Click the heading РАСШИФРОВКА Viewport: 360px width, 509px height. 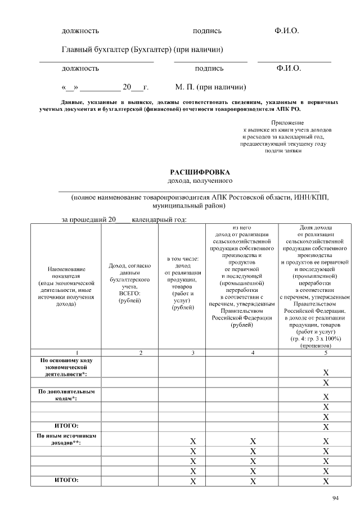(x=200, y=172)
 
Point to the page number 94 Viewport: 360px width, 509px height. (x=336, y=498)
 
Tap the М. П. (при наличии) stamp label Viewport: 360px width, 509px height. (x=210, y=87)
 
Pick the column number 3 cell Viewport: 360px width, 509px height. (x=192, y=353)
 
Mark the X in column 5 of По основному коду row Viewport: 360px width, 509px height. (x=326, y=372)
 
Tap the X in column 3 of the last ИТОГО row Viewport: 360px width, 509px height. (x=192, y=481)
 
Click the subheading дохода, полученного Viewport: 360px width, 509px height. (x=200, y=181)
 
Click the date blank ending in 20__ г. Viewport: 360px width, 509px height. (x=105, y=87)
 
